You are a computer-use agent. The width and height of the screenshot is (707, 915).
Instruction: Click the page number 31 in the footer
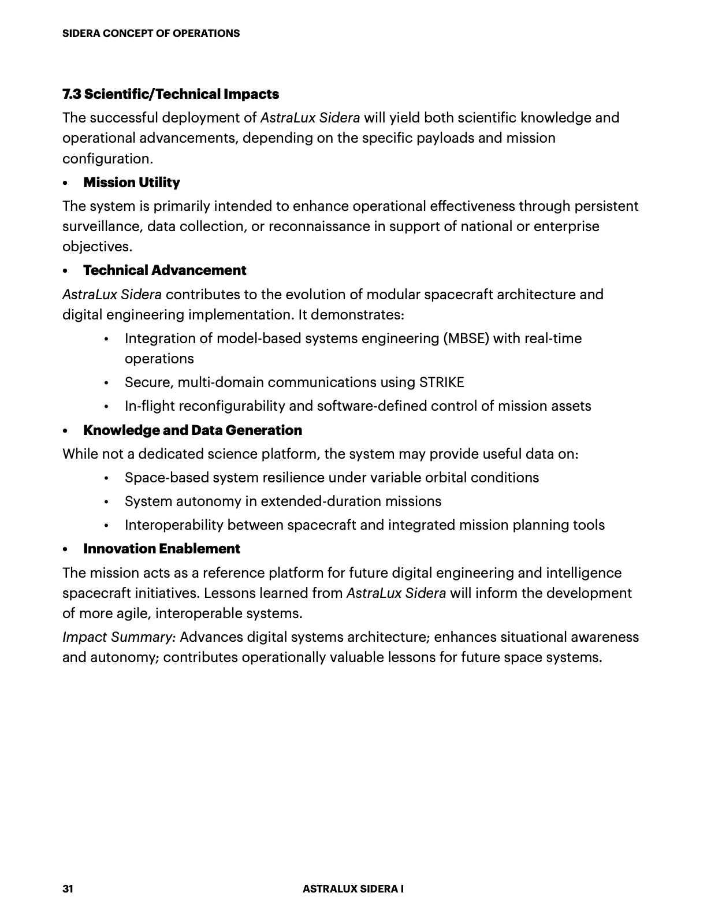coord(68,889)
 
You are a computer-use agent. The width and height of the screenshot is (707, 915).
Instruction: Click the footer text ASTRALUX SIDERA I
coord(353,889)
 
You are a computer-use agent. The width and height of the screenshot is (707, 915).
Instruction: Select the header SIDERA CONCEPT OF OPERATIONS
coord(151,34)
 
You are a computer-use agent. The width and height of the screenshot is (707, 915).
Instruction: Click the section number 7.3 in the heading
coord(72,94)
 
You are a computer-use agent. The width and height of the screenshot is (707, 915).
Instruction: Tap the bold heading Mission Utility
coord(132,183)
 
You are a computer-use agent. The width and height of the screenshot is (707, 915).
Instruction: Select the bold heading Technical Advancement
coord(165,270)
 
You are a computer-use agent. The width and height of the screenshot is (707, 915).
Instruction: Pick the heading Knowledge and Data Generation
coord(192,430)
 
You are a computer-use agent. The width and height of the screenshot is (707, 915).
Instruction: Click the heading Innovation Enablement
coord(162,549)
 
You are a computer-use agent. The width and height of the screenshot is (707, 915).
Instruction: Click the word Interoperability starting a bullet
coord(174,525)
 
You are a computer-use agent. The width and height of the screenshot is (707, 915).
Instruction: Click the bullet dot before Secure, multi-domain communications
coord(107,383)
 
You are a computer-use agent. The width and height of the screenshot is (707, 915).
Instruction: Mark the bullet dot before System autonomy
coord(107,502)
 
